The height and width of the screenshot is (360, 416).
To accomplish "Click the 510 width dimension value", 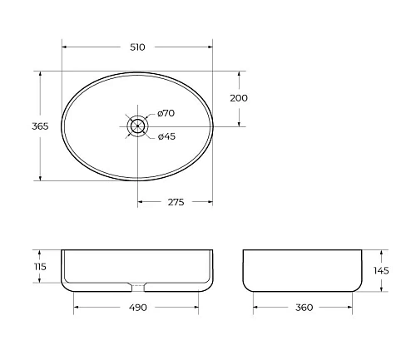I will tap(137, 47).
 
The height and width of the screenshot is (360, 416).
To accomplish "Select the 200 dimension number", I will tap(240, 98).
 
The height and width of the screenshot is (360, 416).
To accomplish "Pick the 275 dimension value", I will tap(175, 202).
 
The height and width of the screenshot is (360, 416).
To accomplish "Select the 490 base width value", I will tap(137, 308).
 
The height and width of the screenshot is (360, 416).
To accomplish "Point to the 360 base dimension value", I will tap(304, 308).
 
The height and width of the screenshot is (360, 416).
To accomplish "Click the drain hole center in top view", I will tap(138, 126).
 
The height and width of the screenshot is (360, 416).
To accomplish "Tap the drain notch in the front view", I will tap(138, 288).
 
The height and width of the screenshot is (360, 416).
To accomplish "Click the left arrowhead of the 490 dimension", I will tap(77, 308).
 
